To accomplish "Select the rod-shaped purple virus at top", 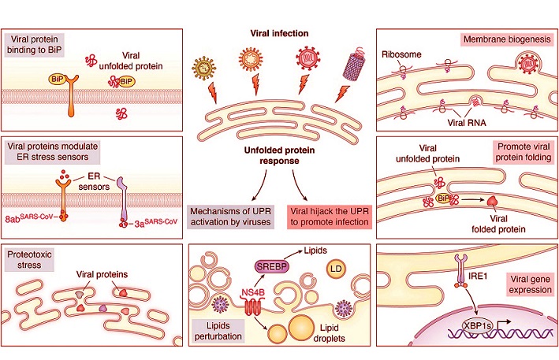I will tap(348, 61).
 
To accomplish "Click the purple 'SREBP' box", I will tap(270, 265).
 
